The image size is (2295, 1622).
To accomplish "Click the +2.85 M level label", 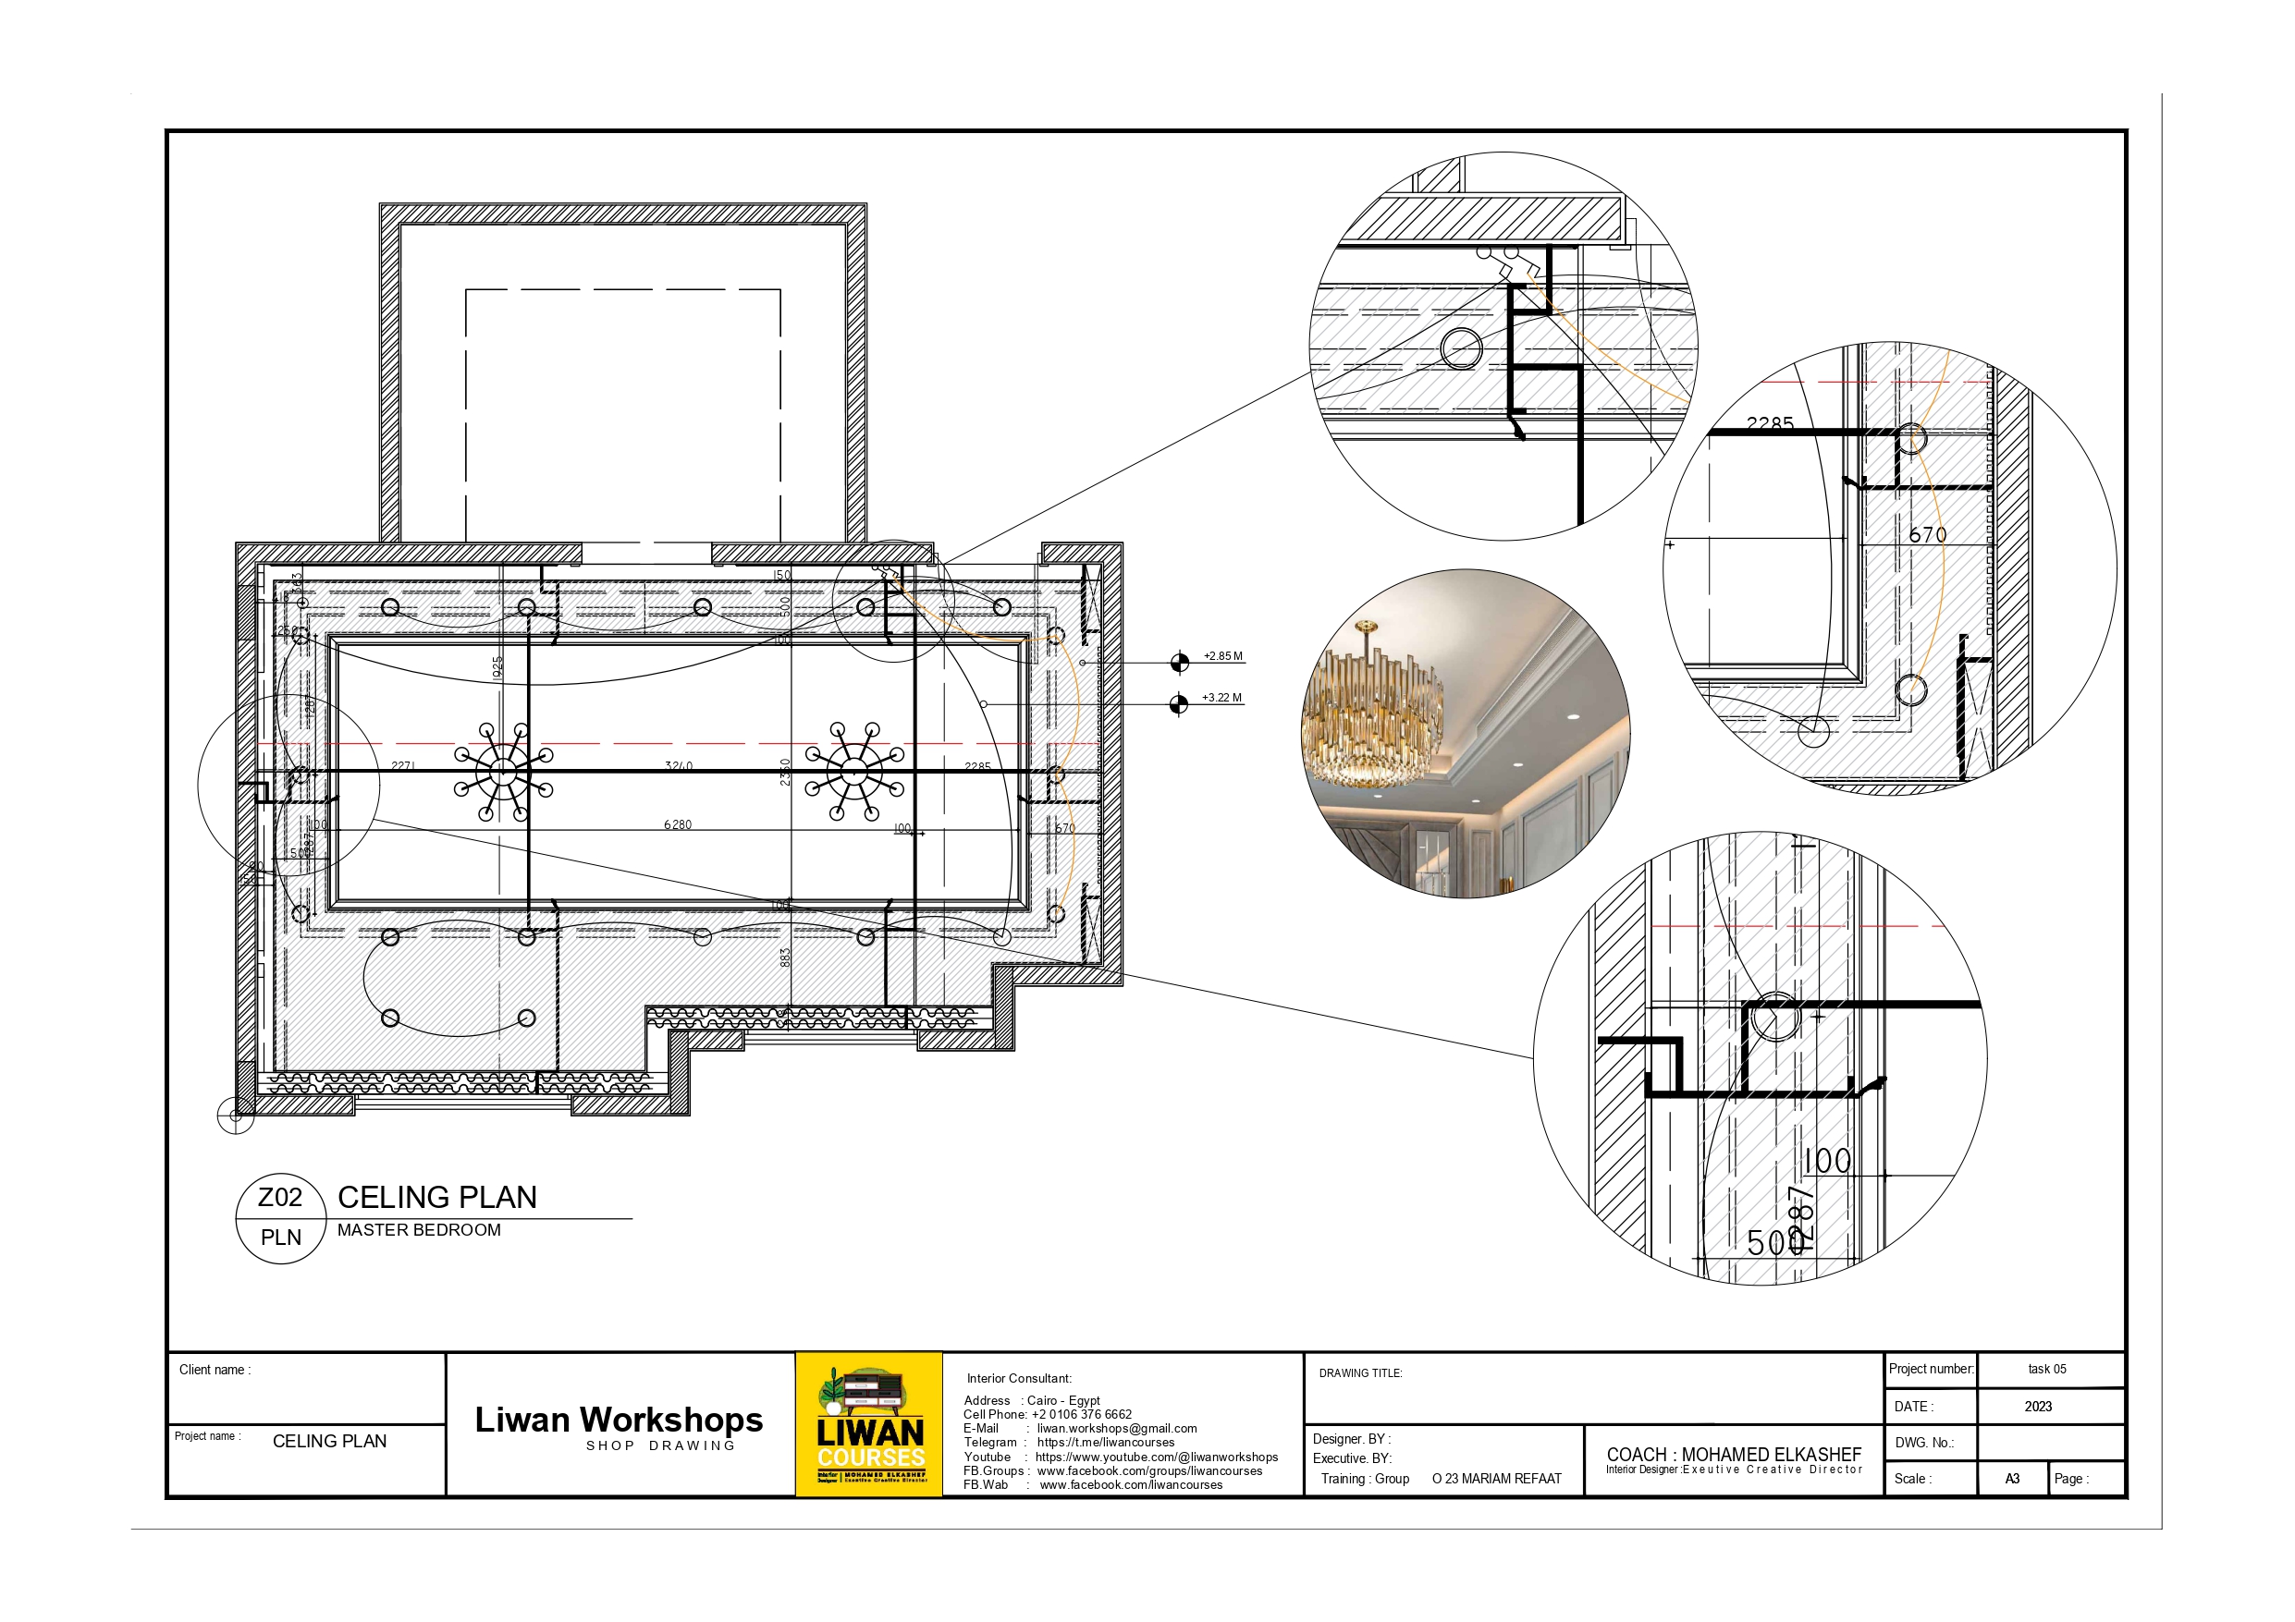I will [1222, 656].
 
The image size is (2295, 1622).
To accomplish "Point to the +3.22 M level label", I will [1221, 698].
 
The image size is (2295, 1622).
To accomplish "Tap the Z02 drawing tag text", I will [280, 1197].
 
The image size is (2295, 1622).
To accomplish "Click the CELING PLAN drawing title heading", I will [436, 1197].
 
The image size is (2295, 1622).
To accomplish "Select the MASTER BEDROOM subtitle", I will [419, 1230].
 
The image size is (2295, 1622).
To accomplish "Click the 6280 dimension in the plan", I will [677, 824].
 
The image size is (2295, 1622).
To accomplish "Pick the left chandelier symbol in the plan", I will [503, 772].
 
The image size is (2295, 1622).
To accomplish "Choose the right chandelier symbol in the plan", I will [853, 772].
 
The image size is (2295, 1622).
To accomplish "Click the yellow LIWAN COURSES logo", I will [869, 1424].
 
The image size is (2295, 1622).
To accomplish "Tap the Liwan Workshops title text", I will [619, 1421].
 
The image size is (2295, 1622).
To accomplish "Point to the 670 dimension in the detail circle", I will [1927, 536].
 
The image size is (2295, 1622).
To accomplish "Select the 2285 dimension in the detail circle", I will [1769, 423].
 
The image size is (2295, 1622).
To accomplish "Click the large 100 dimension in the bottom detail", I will [1827, 1162].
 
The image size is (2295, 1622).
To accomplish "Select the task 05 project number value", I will [2047, 1369].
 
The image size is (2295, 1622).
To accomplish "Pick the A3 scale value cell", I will [2012, 1479].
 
